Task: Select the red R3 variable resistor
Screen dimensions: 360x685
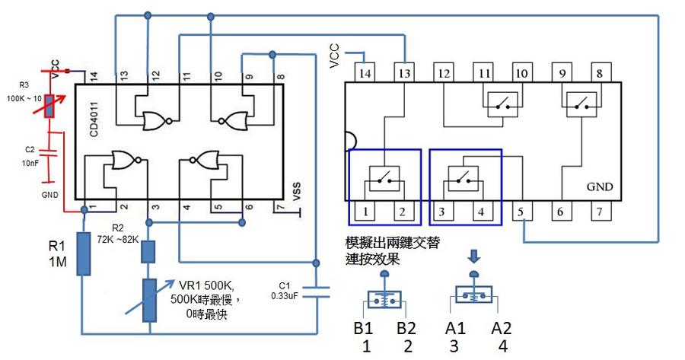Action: pyautogui.click(x=49, y=104)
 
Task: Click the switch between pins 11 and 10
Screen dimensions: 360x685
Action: pyautogui.click(x=502, y=103)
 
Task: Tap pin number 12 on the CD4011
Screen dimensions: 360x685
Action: pyautogui.click(x=155, y=75)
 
